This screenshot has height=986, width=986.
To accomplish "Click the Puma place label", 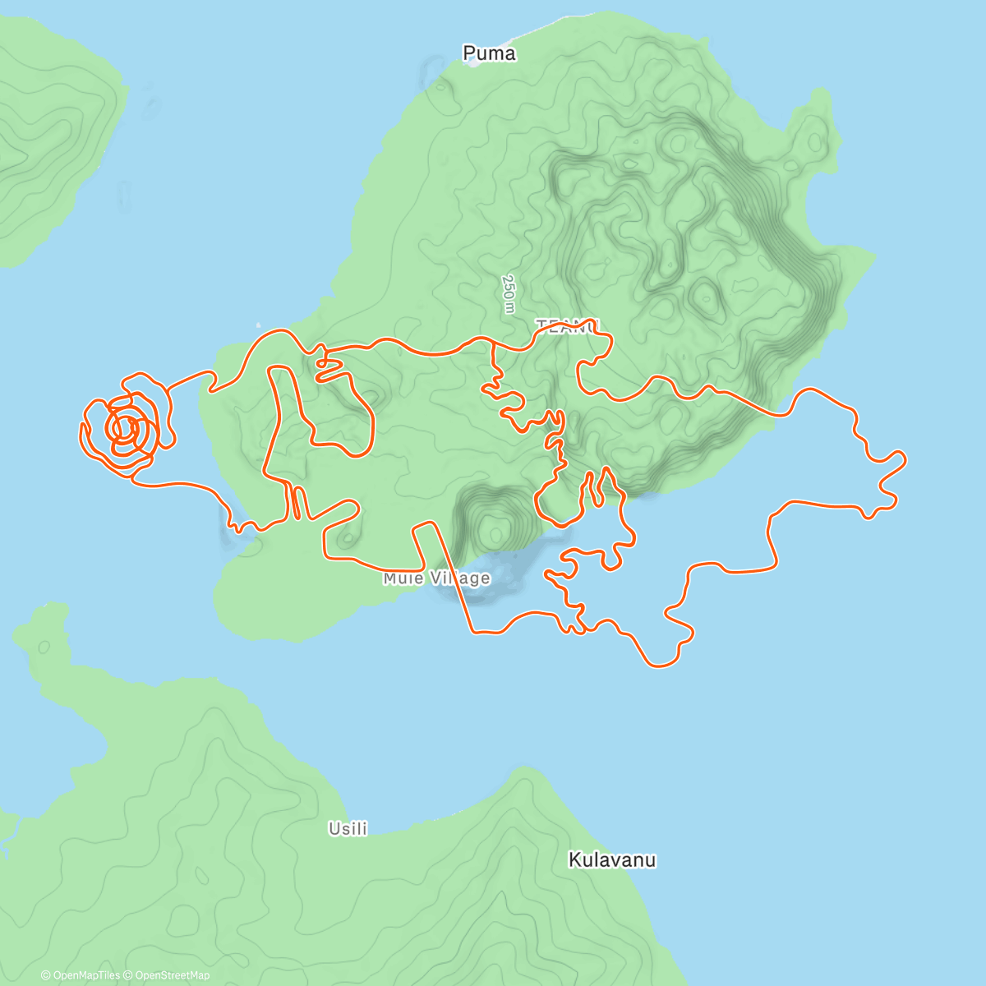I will (489, 54).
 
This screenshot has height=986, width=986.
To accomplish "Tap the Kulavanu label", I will (612, 860).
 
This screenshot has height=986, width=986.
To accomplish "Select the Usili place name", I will (348, 828).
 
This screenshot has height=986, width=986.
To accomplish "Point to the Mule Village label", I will (436, 578).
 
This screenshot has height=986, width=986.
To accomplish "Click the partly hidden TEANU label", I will (568, 326).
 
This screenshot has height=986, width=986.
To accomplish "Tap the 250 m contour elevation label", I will (509, 293).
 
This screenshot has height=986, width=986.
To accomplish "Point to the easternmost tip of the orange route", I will (905, 458).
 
